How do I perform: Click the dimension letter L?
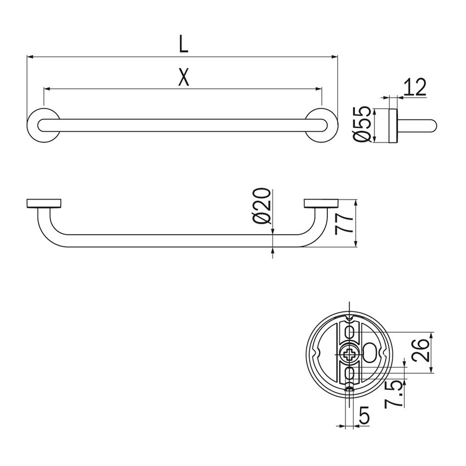(184, 44)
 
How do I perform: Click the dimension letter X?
(184, 78)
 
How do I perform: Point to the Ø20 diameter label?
(263, 206)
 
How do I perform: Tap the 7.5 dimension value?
(394, 394)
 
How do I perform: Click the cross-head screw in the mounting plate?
(349, 354)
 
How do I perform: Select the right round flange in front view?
(321, 124)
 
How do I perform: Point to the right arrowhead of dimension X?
(318, 88)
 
